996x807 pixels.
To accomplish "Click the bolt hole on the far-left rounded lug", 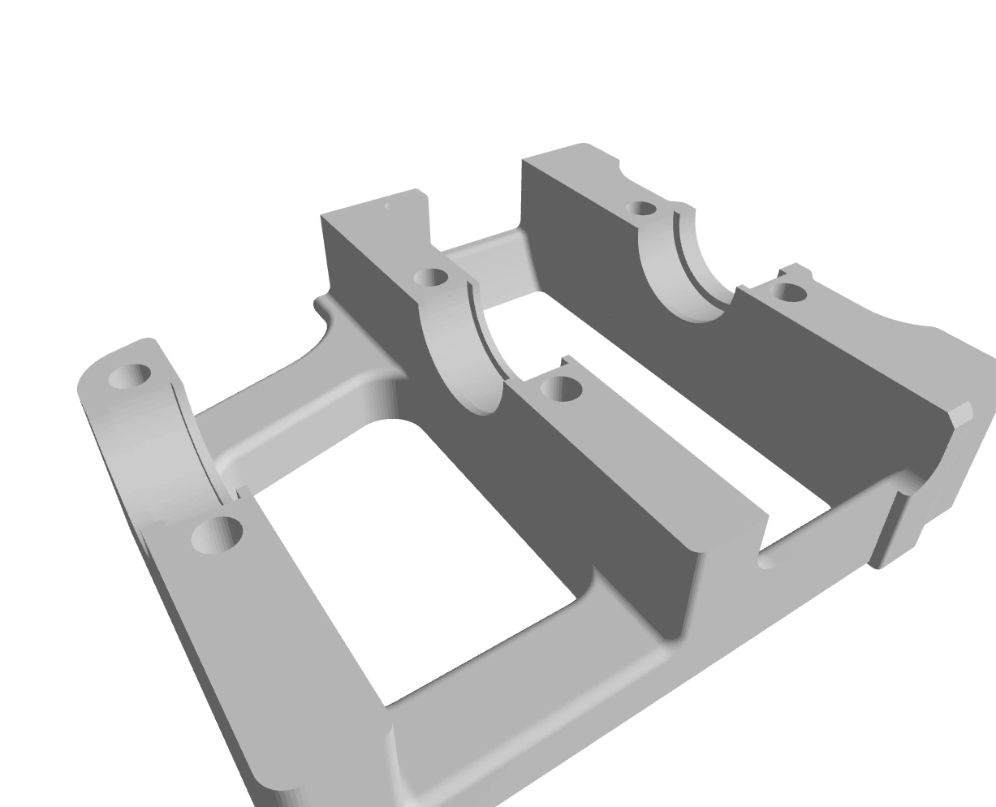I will click(x=130, y=376).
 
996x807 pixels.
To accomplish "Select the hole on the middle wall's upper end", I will click(x=431, y=278).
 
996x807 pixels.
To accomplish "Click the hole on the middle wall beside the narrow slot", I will click(x=562, y=390).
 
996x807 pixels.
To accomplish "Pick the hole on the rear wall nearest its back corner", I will click(x=641, y=209).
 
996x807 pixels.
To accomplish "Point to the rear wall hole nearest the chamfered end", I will click(x=788, y=292).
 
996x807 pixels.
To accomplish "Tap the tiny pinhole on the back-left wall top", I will click(x=387, y=206).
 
